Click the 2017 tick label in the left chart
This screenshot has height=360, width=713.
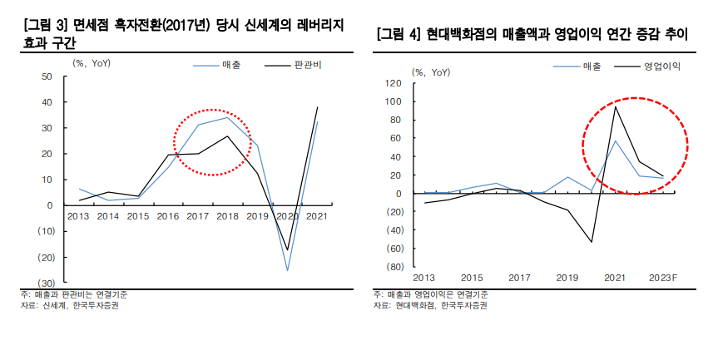coord(198,216)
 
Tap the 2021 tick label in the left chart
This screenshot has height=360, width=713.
coord(317,216)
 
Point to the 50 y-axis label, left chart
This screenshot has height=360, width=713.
coord(47,76)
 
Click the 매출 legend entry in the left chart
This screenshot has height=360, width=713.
coord(231,64)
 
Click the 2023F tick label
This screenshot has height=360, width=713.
coord(662,278)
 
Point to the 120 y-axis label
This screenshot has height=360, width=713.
coord(394,83)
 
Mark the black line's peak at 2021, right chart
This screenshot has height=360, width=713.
coord(616,106)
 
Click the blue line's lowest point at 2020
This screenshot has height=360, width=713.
coord(287,270)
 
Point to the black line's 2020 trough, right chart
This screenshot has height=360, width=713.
coord(592,242)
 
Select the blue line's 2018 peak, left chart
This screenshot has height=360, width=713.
coord(228,117)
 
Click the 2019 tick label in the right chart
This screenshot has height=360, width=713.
coord(567,278)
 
